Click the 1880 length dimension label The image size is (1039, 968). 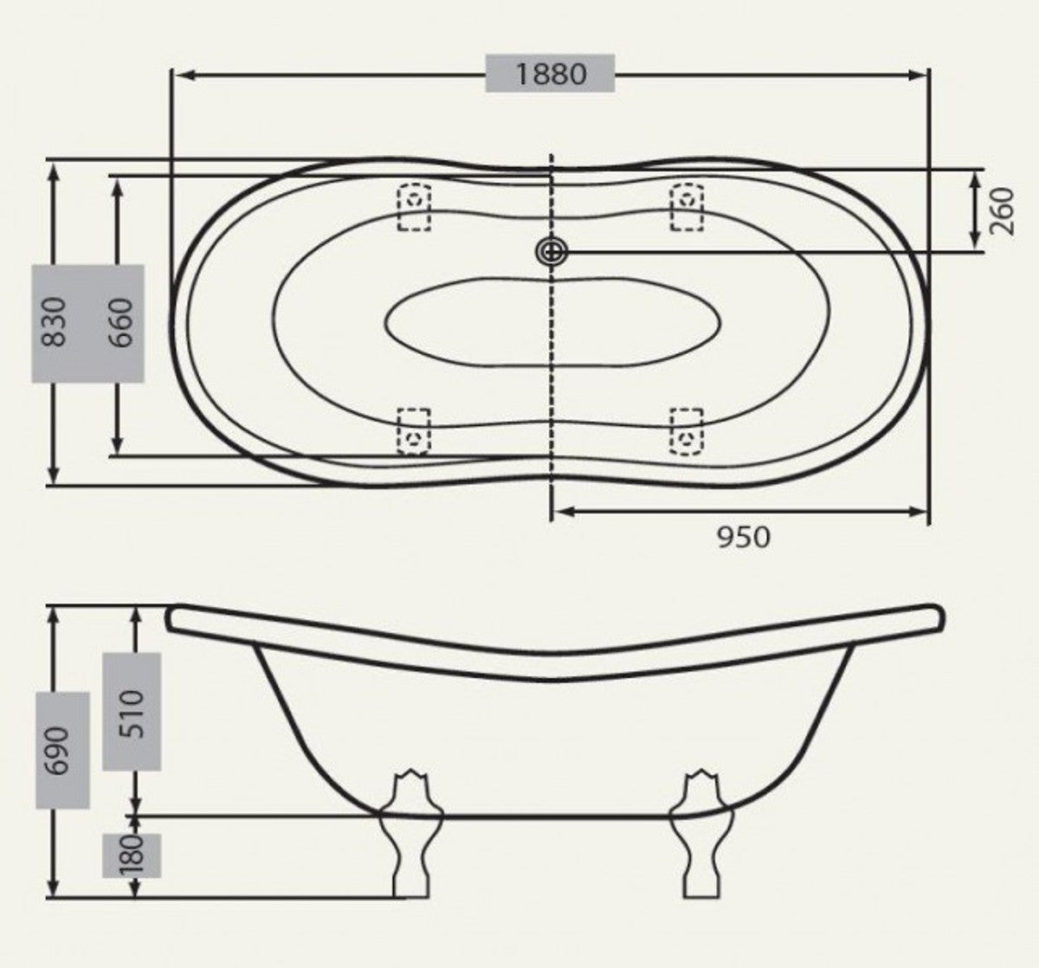coord(551,74)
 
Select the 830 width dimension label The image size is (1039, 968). coord(54,322)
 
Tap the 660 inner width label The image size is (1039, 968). coord(123,322)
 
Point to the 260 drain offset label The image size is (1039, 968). coord(1001,211)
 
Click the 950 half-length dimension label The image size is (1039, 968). coord(743,538)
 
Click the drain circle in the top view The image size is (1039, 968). coord(551,252)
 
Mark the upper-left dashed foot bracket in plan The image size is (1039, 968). coord(414,207)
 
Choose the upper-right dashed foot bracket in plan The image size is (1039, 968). coord(687,207)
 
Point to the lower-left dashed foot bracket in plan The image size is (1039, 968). coord(414,430)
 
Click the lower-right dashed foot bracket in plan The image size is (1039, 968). coord(687,430)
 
